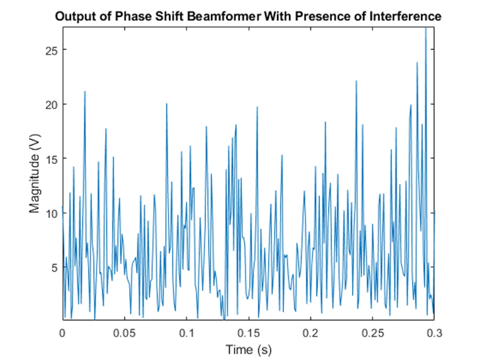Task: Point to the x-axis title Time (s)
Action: click(x=248, y=350)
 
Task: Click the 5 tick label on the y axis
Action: click(x=53, y=267)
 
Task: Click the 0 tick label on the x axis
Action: click(x=62, y=333)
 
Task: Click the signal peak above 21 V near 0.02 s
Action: click(x=85, y=92)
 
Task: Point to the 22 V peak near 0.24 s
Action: click(x=356, y=81)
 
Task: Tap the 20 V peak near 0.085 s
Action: click(x=166, y=104)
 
